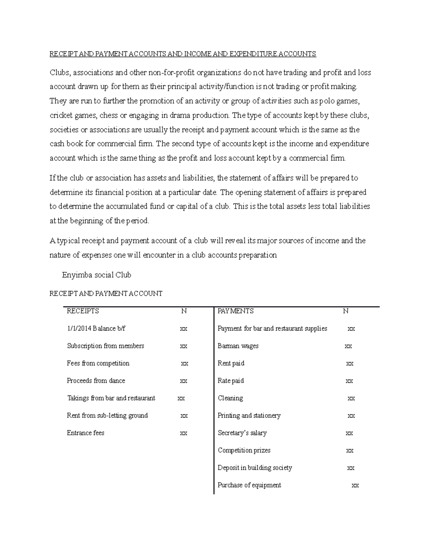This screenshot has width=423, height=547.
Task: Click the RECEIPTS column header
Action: click(x=83, y=311)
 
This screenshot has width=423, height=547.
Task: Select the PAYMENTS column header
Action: click(x=235, y=311)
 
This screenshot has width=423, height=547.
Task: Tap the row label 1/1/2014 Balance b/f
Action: click(x=96, y=329)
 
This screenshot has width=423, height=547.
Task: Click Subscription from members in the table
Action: click(x=105, y=346)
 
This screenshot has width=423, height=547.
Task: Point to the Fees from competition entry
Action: click(x=98, y=363)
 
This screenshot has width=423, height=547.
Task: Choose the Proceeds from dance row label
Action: click(x=96, y=381)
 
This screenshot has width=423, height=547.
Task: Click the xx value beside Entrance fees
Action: click(x=183, y=433)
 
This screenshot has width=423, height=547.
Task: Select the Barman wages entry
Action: click(x=238, y=346)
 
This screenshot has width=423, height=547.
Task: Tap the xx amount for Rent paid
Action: click(x=350, y=363)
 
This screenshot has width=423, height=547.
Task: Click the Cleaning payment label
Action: click(x=230, y=398)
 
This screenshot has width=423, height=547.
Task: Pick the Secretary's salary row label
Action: click(x=242, y=433)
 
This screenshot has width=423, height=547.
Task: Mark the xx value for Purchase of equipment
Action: click(x=355, y=485)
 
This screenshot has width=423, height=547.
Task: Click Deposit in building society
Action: click(x=255, y=468)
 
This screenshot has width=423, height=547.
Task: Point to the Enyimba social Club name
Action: click(x=96, y=275)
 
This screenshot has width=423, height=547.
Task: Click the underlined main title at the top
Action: click(x=183, y=54)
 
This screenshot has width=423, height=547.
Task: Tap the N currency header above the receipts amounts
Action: click(x=184, y=311)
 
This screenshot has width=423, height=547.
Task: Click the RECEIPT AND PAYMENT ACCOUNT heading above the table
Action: click(x=106, y=293)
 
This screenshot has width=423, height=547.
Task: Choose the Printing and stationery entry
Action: click(x=249, y=416)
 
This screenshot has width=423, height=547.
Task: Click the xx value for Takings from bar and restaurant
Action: click(x=181, y=398)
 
